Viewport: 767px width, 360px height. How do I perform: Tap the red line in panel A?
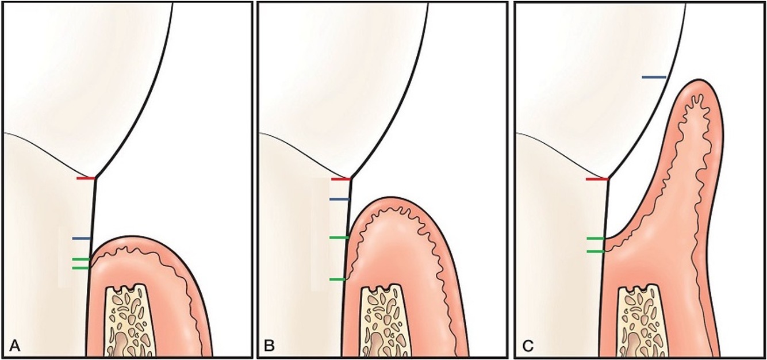(86, 179)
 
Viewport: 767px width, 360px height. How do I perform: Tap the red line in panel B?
(340, 179)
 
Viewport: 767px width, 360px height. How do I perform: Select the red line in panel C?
(597, 179)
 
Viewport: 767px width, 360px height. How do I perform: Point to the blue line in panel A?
(81, 238)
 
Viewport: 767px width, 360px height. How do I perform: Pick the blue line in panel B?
(339, 199)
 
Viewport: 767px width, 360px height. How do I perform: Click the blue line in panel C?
(654, 76)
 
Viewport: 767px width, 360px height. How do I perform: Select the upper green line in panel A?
(80, 259)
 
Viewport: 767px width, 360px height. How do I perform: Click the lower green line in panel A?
(80, 268)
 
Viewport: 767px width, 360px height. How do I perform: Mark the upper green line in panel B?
(339, 238)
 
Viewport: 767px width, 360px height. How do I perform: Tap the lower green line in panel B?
(338, 279)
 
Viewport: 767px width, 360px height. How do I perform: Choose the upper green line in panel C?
(595, 238)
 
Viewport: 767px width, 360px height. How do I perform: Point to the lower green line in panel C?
(595, 251)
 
